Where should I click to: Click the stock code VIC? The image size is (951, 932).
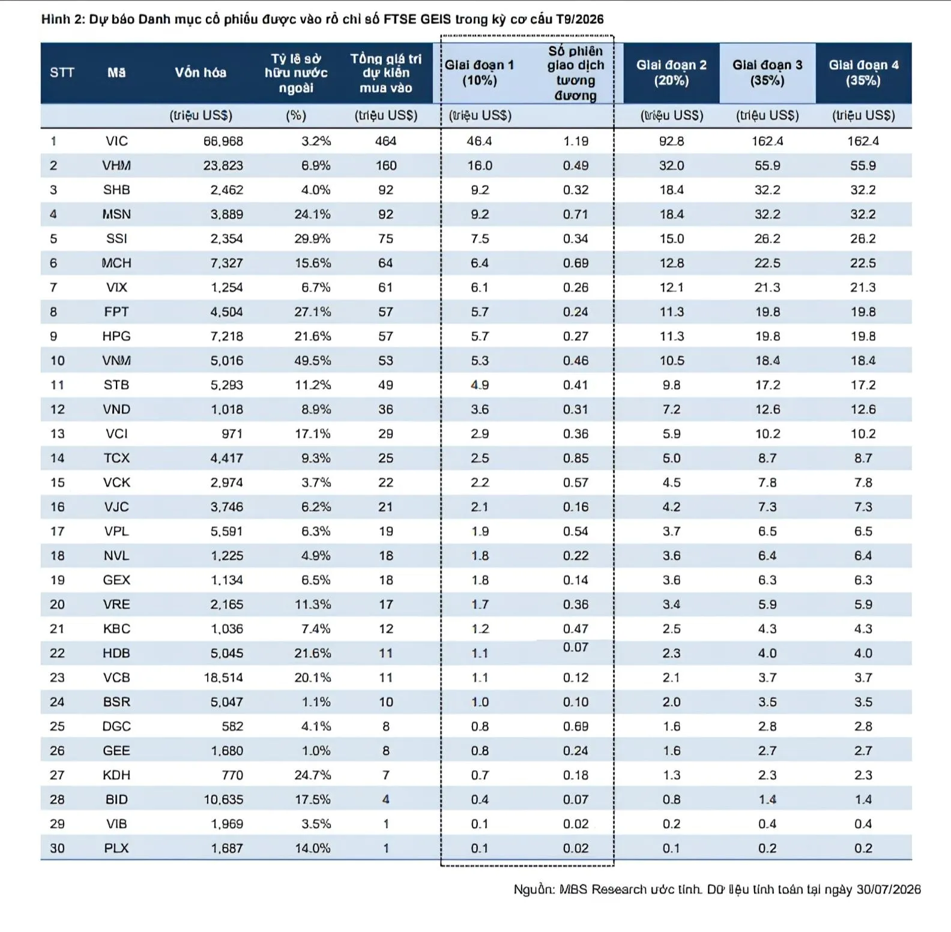click(x=116, y=141)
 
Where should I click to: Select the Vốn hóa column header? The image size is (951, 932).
click(x=201, y=73)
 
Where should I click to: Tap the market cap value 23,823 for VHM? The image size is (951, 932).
click(x=223, y=166)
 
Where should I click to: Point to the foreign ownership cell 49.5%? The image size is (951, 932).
click(x=312, y=361)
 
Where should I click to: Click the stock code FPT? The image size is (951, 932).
click(x=116, y=312)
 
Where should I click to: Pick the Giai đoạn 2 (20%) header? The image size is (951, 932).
click(x=671, y=73)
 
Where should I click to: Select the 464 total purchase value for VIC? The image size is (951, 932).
click(x=385, y=141)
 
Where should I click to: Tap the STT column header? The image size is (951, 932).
click(x=62, y=73)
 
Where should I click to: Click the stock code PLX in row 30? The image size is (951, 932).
click(x=116, y=849)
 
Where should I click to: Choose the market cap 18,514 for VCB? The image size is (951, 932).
click(x=223, y=678)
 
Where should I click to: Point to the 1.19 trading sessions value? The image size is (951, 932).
click(x=576, y=141)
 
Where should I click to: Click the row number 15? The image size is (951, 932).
click(x=57, y=483)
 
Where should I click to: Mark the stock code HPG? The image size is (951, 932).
click(x=116, y=336)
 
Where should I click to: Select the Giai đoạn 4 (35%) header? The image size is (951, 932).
click(x=863, y=73)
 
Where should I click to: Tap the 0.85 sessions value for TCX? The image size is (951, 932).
click(x=576, y=458)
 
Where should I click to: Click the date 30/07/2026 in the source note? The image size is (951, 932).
click(x=889, y=889)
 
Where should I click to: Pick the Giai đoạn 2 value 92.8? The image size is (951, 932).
click(x=671, y=141)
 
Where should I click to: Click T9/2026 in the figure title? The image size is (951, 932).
click(x=580, y=19)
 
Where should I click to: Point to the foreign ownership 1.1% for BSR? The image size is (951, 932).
click(x=316, y=702)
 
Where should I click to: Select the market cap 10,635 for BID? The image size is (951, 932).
click(x=223, y=799)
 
